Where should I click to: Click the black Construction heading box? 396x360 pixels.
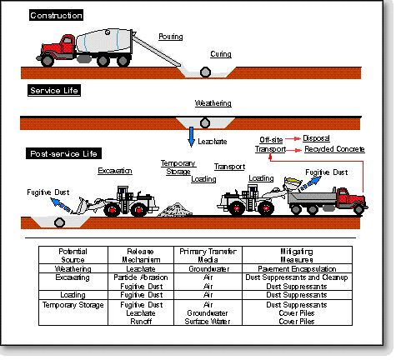(56, 15)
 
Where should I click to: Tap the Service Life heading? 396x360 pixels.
(54, 91)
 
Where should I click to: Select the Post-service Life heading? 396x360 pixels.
(63, 153)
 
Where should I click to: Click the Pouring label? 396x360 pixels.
(171, 37)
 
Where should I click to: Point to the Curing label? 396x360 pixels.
(221, 54)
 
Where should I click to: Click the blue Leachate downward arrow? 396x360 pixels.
(191, 137)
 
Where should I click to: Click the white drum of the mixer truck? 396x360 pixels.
(103, 41)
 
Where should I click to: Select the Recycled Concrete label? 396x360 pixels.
(334, 149)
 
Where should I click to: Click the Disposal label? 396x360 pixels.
(316, 138)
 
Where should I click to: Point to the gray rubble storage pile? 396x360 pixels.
(175, 210)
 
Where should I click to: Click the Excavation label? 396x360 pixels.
(115, 171)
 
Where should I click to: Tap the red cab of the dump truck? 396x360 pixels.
(351, 198)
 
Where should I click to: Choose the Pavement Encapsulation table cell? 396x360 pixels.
(297, 268)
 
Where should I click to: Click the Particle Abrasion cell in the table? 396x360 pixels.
(141, 277)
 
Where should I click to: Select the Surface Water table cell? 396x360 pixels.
(208, 322)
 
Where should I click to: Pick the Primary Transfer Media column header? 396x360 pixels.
(208, 255)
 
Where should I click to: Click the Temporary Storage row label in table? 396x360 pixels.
(73, 305)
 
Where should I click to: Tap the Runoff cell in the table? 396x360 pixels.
(141, 322)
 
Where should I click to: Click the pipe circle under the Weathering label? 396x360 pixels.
(205, 122)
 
